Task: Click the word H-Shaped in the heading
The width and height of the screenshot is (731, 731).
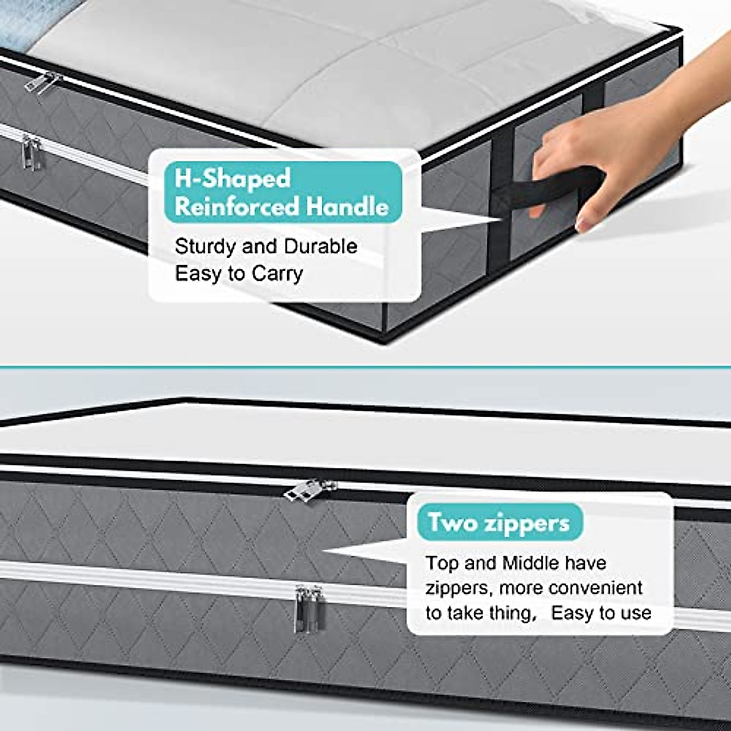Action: click(x=232, y=179)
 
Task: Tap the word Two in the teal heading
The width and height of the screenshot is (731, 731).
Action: click(x=451, y=523)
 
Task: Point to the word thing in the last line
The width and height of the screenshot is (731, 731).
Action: click(x=505, y=613)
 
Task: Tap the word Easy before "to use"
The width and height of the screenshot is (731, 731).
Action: click(x=575, y=613)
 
